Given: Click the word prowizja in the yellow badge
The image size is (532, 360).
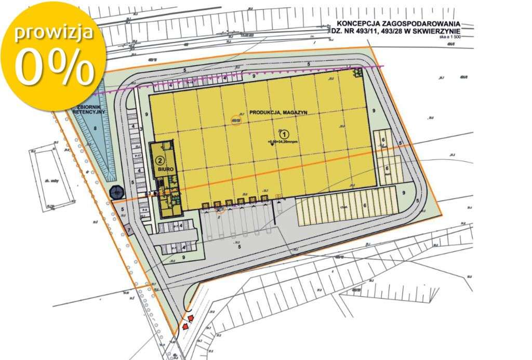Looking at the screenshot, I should (54, 33).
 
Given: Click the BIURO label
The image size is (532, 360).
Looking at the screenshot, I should (159, 169).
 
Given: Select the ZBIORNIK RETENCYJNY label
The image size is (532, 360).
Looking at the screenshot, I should (91, 108).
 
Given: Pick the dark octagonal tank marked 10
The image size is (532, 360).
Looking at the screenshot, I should (117, 193).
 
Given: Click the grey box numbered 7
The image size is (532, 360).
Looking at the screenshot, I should (128, 229).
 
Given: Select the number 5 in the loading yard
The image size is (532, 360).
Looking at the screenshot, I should (240, 247).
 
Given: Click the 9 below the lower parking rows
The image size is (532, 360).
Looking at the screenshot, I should (184, 257).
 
